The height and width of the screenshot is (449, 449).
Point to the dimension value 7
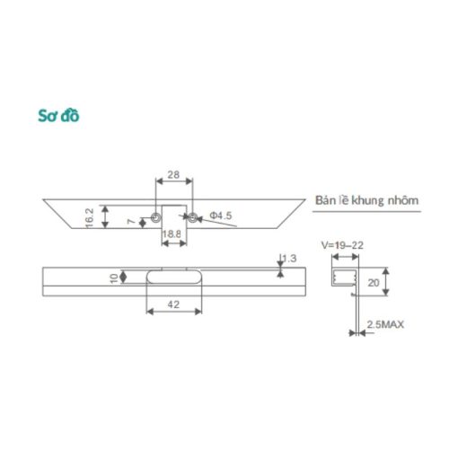131,221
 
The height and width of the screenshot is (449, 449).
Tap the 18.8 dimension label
172,235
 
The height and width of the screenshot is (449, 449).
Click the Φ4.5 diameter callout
222,216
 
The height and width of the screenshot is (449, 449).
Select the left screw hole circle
156,216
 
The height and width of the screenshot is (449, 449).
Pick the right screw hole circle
189,216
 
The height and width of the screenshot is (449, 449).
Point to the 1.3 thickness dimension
289,260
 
